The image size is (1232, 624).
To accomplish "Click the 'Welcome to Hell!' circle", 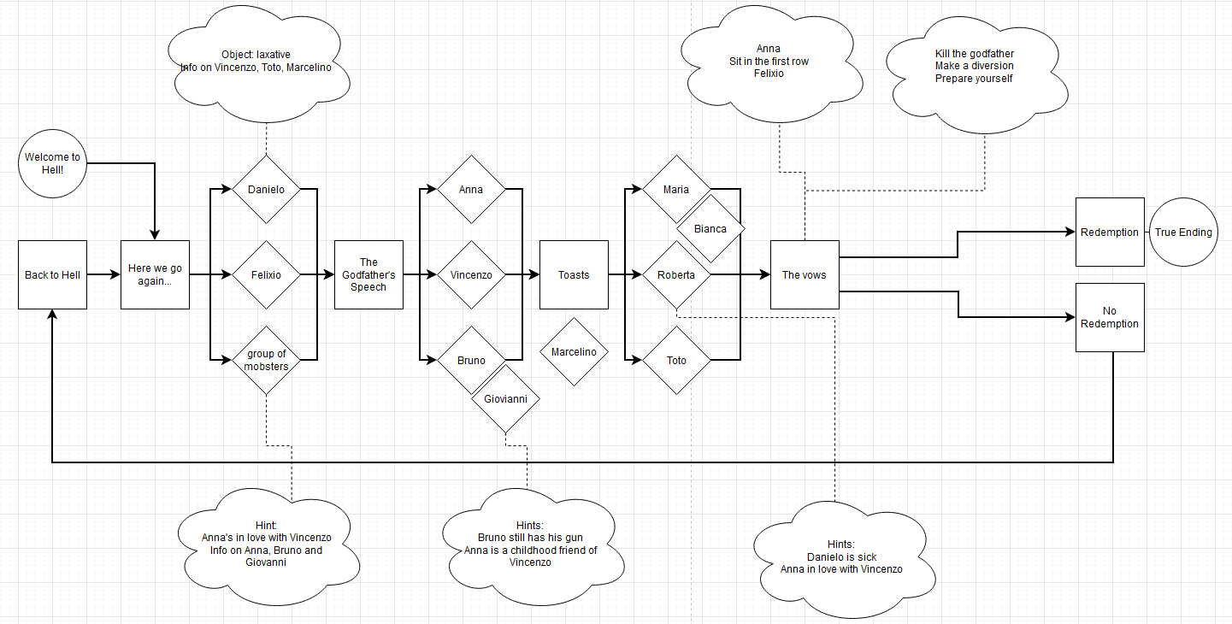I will (x=52, y=163).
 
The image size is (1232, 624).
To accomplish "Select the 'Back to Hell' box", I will (x=52, y=274).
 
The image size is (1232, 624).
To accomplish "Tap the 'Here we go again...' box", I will (x=155, y=274).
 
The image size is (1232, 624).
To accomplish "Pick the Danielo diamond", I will (x=266, y=190).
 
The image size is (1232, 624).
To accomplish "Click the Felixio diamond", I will (x=266, y=275).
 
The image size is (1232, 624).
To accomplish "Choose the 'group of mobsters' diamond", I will (x=266, y=361).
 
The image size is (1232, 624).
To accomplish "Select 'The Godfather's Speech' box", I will (x=368, y=274).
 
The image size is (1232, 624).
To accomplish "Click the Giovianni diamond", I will (x=505, y=399).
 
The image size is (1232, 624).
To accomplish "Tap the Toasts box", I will (x=574, y=274).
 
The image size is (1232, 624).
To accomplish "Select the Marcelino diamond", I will (x=574, y=352).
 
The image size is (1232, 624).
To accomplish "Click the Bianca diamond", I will (x=710, y=229).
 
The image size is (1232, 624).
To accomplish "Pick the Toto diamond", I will (x=676, y=361).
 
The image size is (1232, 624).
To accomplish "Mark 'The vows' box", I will (x=805, y=274).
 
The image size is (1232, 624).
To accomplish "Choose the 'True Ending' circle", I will (x=1183, y=233).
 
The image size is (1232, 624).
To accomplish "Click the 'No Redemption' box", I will (x=1110, y=317).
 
